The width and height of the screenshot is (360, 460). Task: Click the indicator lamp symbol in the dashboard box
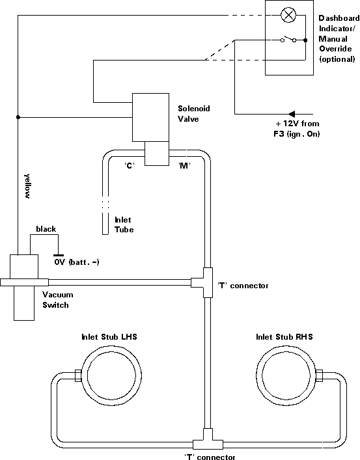(288, 15)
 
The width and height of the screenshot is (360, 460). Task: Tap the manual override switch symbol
(288, 39)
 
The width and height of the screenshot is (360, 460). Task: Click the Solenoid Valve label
(194, 114)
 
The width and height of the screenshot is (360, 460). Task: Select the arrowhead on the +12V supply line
(291, 114)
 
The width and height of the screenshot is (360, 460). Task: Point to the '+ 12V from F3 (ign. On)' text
(297, 129)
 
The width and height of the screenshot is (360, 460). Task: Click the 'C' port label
(129, 165)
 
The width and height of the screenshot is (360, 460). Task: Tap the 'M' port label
(184, 165)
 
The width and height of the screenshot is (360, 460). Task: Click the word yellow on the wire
(27, 186)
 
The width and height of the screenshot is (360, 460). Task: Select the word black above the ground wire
(46, 229)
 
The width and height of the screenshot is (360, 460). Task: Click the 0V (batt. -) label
(77, 262)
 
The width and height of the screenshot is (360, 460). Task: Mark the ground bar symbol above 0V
(58, 256)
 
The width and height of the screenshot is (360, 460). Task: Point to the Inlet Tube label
(124, 224)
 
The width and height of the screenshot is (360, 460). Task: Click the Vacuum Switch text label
(57, 300)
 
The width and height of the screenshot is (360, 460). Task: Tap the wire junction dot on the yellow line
(18, 117)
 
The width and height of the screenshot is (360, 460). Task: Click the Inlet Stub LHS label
(109, 336)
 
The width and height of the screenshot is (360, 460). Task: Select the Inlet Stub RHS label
(284, 337)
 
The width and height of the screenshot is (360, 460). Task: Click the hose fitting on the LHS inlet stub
(78, 375)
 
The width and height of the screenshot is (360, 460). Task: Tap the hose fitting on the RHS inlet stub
(319, 376)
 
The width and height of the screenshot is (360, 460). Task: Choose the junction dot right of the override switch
(305, 40)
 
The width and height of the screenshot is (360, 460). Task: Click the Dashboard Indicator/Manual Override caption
(339, 38)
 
